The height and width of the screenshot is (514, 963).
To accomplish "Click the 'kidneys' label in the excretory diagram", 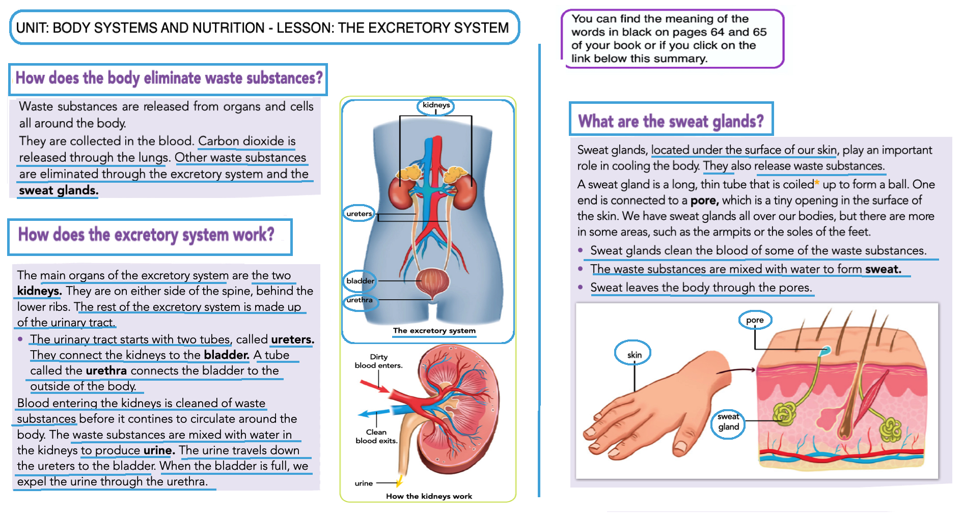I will pos(436,105).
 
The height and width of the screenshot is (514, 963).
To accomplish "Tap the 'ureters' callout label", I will pos(359,214).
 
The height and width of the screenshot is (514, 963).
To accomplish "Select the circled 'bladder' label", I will pos(360,281).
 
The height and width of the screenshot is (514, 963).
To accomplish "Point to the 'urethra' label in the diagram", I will pos(360,300).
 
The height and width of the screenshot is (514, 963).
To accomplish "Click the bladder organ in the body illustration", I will pos(432,281).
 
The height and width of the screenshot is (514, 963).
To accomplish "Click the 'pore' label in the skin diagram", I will pos(755,320).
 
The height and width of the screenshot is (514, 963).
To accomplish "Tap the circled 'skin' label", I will pos(634,355).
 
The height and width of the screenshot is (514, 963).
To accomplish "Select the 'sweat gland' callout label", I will pos(728,422).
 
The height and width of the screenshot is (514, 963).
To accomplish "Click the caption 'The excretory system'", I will pos(434,331).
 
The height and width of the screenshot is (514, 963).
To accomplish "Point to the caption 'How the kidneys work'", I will pos(429,496).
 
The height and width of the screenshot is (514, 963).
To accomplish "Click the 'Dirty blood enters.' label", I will pos(378,361).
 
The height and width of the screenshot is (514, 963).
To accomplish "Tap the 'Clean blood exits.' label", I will pos(376,437).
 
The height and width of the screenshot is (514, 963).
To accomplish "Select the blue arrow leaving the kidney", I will pos(373,413).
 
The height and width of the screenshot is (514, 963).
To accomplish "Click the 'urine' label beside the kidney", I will pos(364,483).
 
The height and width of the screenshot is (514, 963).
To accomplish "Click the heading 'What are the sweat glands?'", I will pos(671,121).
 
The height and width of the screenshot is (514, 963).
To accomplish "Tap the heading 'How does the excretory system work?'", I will pos(146,235).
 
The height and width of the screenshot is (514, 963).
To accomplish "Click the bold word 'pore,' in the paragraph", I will pos(704,201).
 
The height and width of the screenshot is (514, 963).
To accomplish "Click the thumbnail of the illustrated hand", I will pos(657,407).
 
